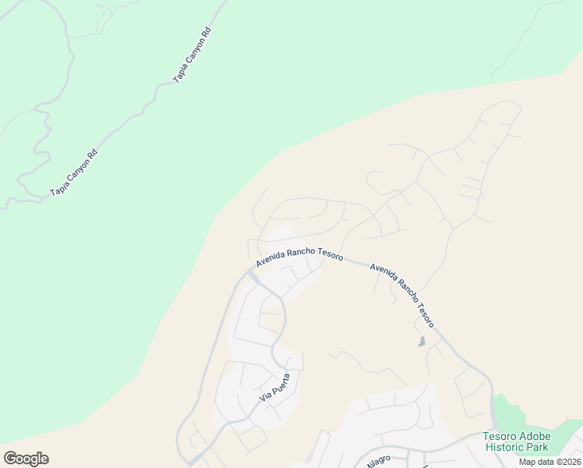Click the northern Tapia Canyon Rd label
click(x=193, y=56)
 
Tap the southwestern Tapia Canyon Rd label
click(x=74, y=173)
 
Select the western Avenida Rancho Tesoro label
click(x=299, y=257)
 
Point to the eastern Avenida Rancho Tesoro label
click(x=401, y=294)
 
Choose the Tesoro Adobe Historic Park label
click(x=517, y=441)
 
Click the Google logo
click(x=26, y=459)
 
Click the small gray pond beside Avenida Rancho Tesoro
click(x=422, y=342)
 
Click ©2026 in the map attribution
click(x=567, y=462)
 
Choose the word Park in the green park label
click(x=537, y=447)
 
